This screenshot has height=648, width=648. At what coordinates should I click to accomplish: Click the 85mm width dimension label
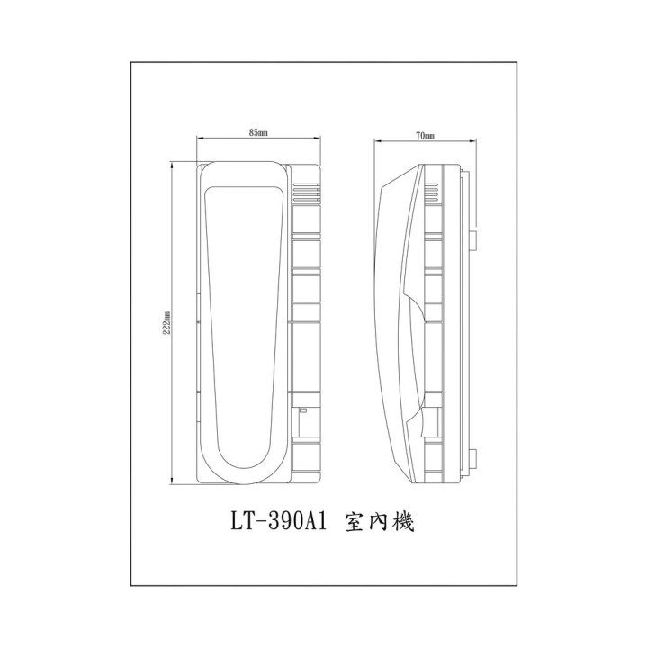click(258, 132)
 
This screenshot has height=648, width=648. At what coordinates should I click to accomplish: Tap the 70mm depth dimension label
click(425, 136)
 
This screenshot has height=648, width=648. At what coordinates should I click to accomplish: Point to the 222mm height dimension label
click(167, 322)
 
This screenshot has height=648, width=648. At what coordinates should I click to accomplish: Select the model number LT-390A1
click(278, 522)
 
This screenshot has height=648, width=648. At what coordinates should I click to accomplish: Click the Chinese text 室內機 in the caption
click(379, 523)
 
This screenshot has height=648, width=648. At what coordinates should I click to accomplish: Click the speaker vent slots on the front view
click(307, 192)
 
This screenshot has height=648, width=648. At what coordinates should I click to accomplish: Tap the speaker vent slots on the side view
click(432, 192)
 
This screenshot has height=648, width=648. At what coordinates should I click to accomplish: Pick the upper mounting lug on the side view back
click(473, 240)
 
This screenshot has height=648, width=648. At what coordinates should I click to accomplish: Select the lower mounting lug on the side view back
click(473, 459)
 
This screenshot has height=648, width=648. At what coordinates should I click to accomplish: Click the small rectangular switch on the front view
click(303, 410)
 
